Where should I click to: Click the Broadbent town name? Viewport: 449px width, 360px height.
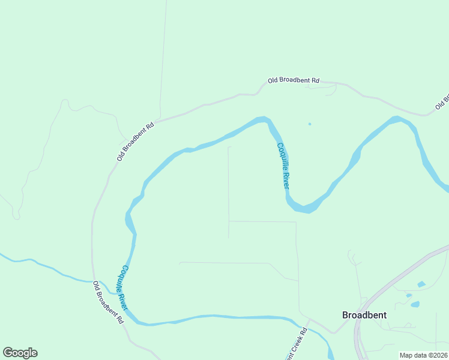point(364,315)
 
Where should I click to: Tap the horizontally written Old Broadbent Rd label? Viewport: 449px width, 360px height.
point(294,80)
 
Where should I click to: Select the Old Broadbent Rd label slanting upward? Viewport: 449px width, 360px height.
point(136,142)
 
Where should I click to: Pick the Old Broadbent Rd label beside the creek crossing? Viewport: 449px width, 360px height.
point(108,303)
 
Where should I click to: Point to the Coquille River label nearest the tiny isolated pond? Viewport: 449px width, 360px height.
point(283,166)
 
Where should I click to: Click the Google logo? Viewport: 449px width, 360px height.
point(20,353)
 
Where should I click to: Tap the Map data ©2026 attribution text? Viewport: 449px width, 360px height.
point(423,355)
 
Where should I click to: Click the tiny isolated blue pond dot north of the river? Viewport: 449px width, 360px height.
point(310,124)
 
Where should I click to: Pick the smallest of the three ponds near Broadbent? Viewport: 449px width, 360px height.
point(409,295)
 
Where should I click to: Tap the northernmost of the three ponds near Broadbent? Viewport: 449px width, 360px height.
point(421,284)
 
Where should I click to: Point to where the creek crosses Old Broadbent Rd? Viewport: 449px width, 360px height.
point(94,281)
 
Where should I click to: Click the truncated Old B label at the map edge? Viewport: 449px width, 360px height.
point(443,101)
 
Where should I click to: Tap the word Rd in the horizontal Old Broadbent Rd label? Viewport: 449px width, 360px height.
point(315,80)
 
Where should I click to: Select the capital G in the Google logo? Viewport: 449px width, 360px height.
point(8,353)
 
